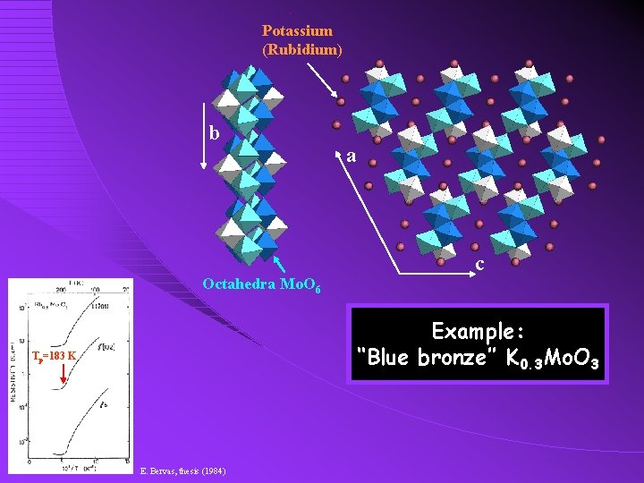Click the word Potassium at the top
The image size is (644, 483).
[297, 31]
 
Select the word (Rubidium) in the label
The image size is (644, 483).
[302, 49]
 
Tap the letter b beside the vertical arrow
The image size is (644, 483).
[214, 132]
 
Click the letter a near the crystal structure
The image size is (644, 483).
[352, 157]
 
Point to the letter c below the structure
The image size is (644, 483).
[480, 265]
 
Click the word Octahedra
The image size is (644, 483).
[237, 284]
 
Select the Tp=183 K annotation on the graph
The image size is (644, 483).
[55, 357]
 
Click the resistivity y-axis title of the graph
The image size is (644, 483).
[14, 380]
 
